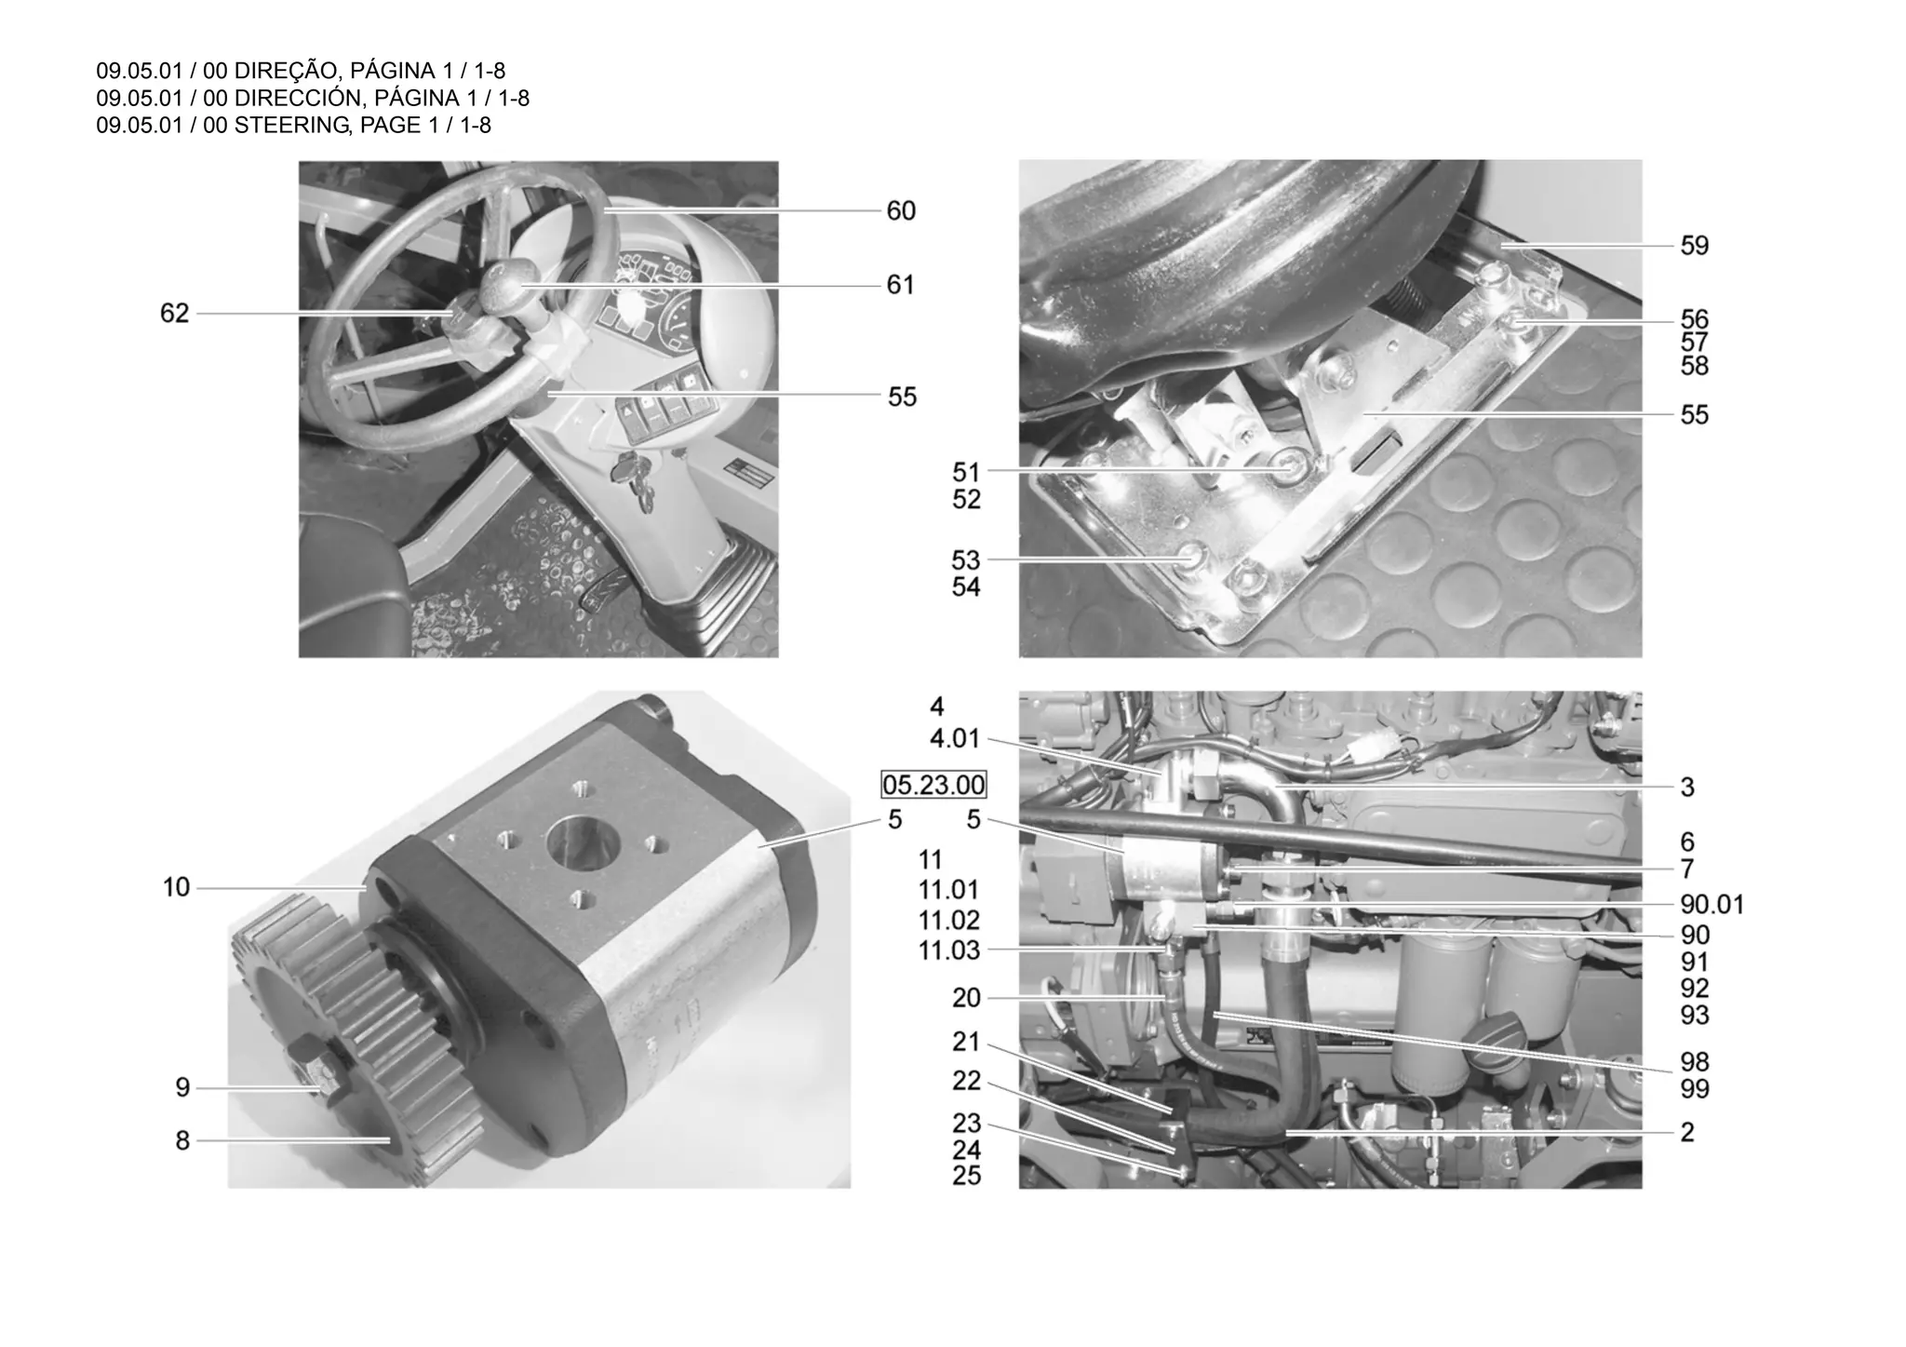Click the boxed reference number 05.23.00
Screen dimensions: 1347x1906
(933, 786)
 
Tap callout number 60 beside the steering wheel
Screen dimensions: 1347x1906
(900, 211)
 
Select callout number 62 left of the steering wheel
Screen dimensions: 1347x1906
(174, 314)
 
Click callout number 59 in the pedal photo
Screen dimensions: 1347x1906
(1694, 246)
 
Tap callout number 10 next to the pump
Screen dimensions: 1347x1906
(176, 888)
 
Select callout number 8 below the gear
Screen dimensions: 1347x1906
(182, 1140)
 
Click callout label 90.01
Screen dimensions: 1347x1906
(1711, 905)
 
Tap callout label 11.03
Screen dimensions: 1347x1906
(948, 950)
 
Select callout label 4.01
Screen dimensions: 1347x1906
(955, 739)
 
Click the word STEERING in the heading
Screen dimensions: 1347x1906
(291, 125)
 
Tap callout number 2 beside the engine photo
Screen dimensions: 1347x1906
(1686, 1133)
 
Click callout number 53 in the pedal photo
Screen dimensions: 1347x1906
(965, 560)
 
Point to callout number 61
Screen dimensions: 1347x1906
(900, 285)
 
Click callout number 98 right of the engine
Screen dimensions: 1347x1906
(1694, 1062)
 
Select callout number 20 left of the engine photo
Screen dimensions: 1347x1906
(966, 998)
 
